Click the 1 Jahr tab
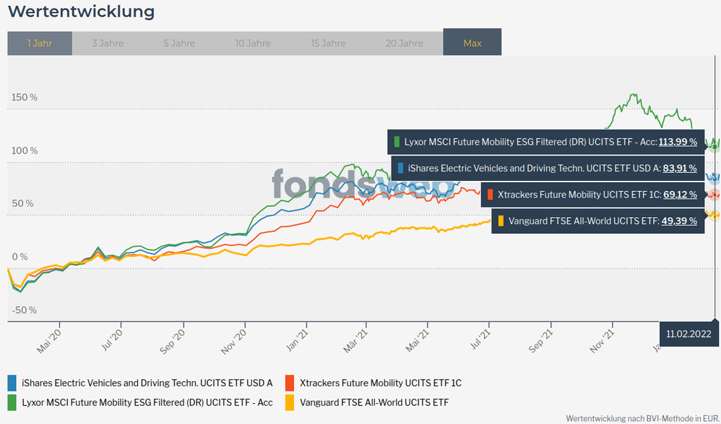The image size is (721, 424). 40,43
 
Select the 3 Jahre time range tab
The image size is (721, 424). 108,43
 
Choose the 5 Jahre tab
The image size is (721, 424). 179,43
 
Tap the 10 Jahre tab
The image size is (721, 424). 253,43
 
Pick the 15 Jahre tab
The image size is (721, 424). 328,43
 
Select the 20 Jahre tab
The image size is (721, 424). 404,43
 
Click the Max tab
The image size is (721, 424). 472,43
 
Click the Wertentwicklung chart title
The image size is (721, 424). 81,12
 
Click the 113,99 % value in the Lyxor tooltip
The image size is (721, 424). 678,142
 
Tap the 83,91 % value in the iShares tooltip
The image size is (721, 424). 680,169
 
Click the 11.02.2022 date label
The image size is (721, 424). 689,334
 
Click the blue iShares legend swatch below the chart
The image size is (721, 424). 12,383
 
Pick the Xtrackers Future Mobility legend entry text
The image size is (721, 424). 381,383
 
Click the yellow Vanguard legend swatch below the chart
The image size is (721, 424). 290,402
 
